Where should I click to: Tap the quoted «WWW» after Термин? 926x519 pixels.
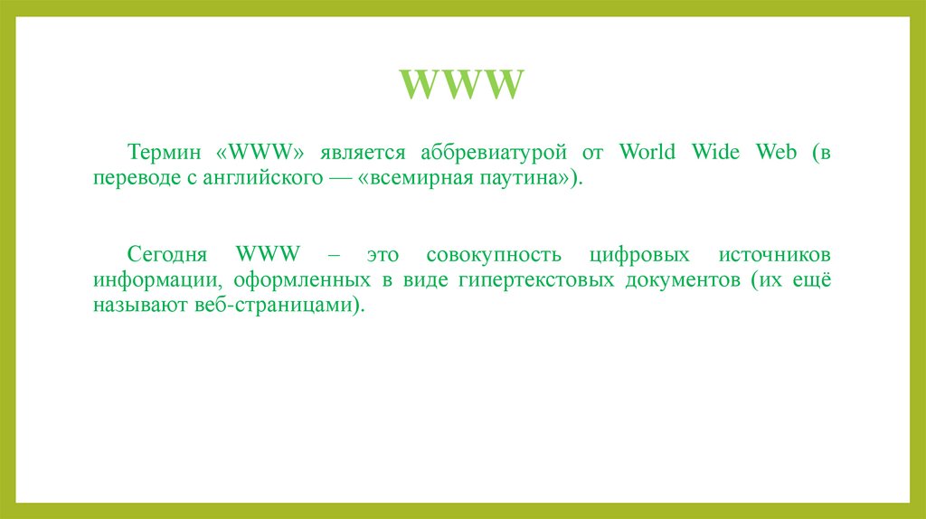coord(260,152)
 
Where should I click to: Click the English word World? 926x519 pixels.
coord(647,152)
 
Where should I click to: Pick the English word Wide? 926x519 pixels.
coord(717,152)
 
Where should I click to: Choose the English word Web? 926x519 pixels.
coord(777,152)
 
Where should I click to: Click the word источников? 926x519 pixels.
coord(775,254)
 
